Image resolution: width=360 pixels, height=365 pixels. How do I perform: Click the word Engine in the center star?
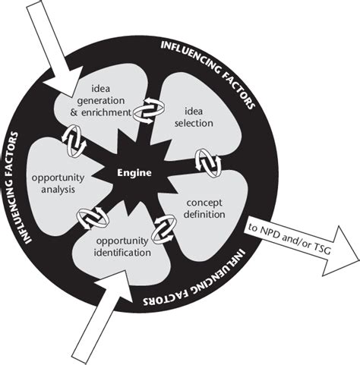coord(134,172)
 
